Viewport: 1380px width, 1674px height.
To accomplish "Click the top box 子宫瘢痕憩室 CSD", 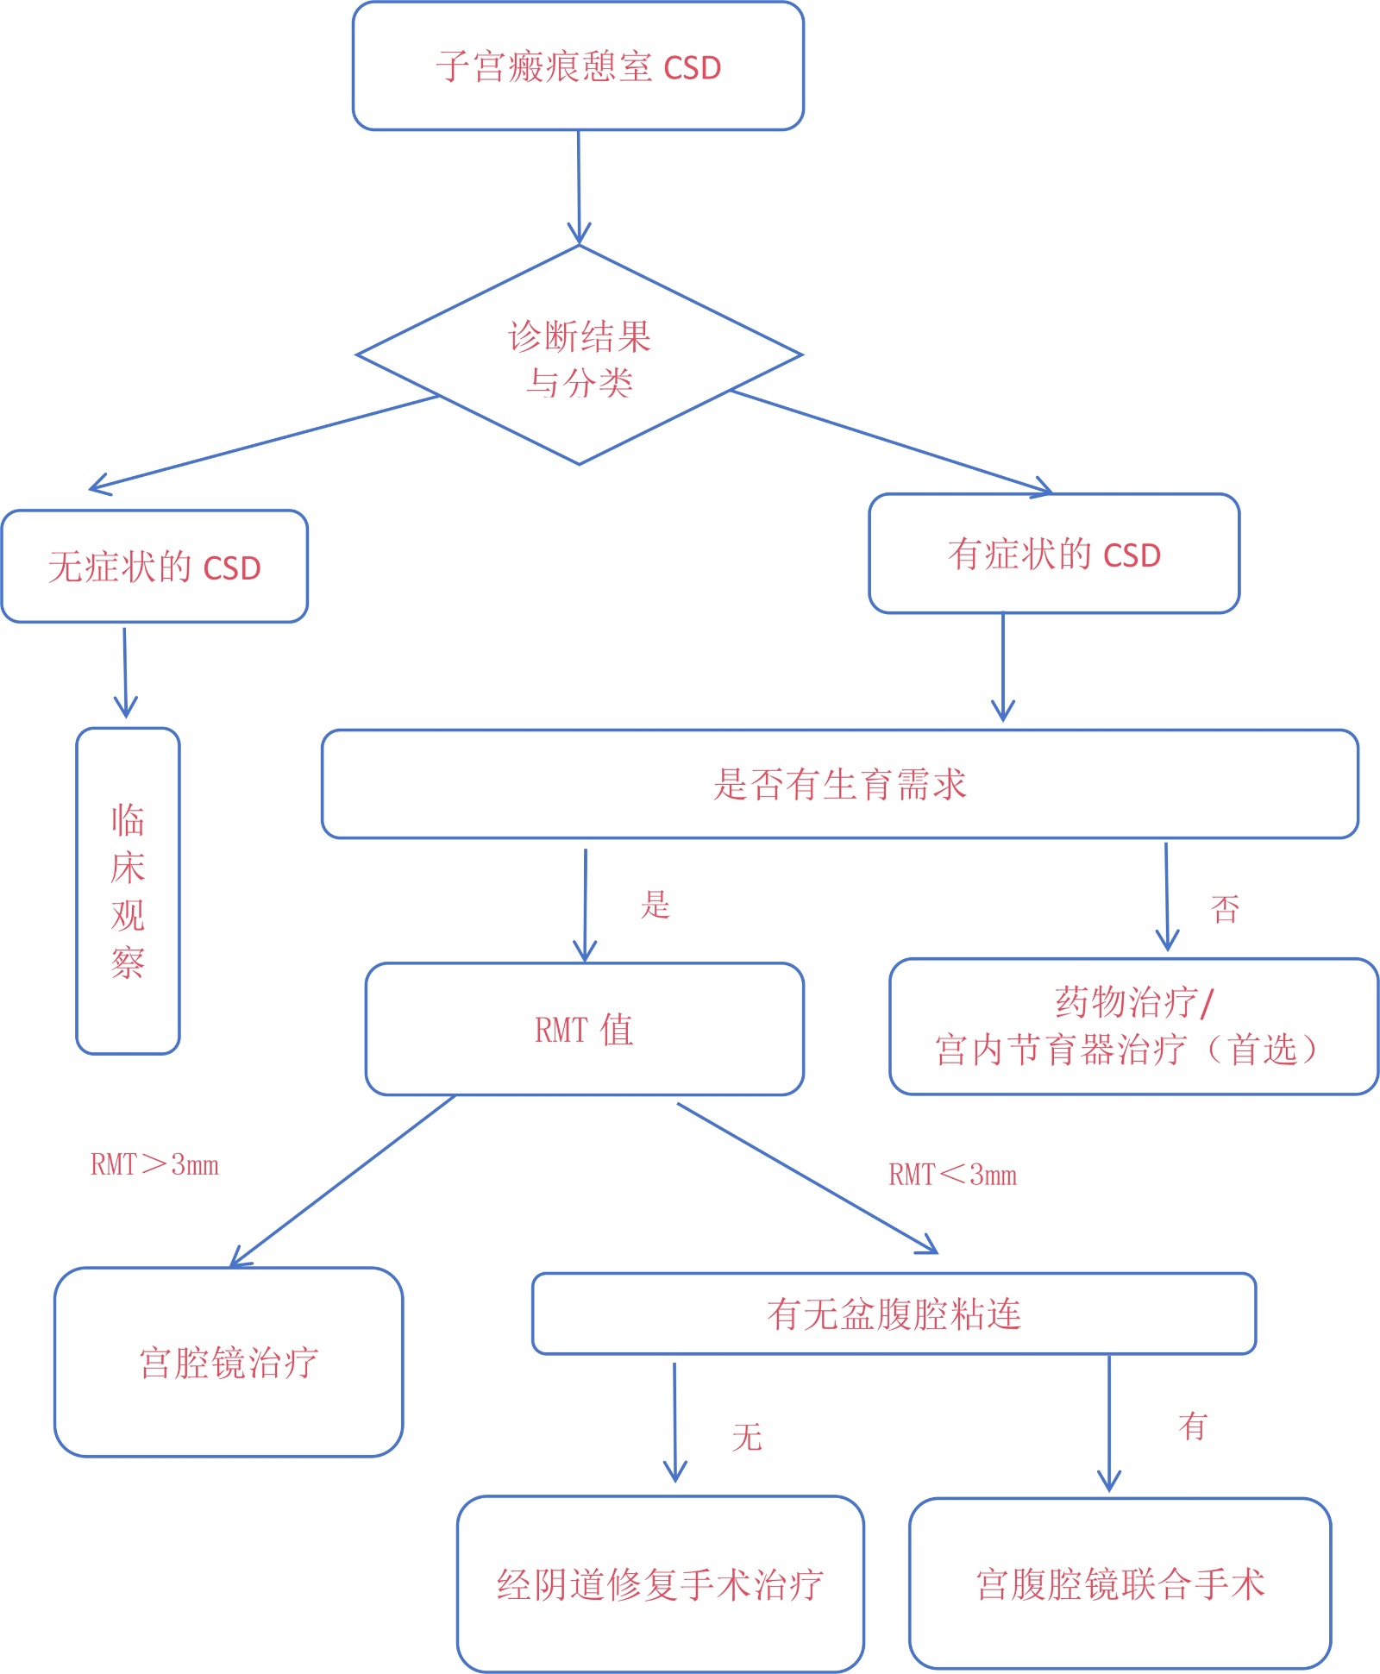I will pyautogui.click(x=578, y=66).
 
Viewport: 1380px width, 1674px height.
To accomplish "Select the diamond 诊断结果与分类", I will pyautogui.click(x=579, y=356).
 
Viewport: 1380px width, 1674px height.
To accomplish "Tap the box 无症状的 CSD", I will pyautogui.click(x=154, y=567).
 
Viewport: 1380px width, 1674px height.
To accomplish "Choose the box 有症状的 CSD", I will pyautogui.click(x=1054, y=554).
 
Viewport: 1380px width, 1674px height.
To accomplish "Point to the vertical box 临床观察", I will pyautogui.click(x=128, y=890).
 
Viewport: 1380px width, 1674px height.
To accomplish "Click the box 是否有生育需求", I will pyautogui.click(x=839, y=784).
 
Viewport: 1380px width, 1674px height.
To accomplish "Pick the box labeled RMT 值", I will pyautogui.click(x=584, y=1029).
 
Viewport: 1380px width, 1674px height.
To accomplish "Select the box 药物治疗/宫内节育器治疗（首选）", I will pyautogui.click(x=1132, y=1026).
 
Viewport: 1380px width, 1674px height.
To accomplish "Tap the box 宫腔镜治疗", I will pyautogui.click(x=229, y=1363).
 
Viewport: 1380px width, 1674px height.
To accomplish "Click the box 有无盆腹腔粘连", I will pyautogui.click(x=894, y=1313).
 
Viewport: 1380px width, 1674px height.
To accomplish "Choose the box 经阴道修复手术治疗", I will pyautogui.click(x=660, y=1584).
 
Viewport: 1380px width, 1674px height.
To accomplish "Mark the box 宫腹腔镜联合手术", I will pyautogui.click(x=1120, y=1583).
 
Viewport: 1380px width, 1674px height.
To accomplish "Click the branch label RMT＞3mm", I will pyautogui.click(x=154, y=1164).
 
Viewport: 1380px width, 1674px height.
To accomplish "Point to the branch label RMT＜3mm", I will pyautogui.click(x=952, y=1174).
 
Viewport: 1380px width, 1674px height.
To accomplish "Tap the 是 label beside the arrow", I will pyautogui.click(x=655, y=904).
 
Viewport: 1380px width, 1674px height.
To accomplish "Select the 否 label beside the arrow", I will pyautogui.click(x=1225, y=909).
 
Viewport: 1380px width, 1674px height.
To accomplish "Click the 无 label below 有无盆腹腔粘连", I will pyautogui.click(x=747, y=1437).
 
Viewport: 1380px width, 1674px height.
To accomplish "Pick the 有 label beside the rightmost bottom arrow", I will pyautogui.click(x=1193, y=1426).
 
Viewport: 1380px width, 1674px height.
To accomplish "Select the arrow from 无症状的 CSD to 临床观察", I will pyautogui.click(x=125, y=673).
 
